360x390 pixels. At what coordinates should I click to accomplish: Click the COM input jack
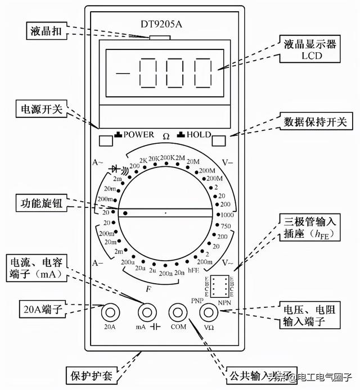(x=178, y=312)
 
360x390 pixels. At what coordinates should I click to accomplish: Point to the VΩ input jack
(x=209, y=312)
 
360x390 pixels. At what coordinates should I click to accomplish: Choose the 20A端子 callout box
(x=34, y=308)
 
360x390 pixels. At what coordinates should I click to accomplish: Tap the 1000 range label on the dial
(x=227, y=215)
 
